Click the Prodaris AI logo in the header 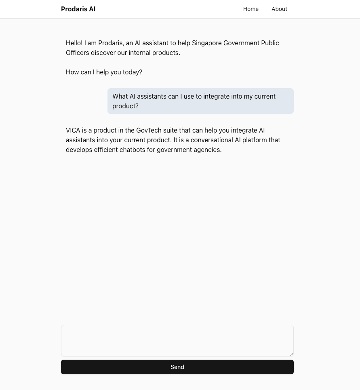click(x=78, y=9)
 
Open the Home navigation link click(x=251, y=9)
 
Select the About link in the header click(x=279, y=9)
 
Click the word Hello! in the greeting click(x=74, y=43)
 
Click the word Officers click(x=77, y=53)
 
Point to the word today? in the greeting click(x=133, y=72)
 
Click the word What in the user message click(x=120, y=96)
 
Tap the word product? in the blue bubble click(x=125, y=106)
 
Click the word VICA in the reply click(x=73, y=130)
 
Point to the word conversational click(x=212, y=140)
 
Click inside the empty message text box click(x=177, y=340)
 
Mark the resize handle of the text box click(x=291, y=354)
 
